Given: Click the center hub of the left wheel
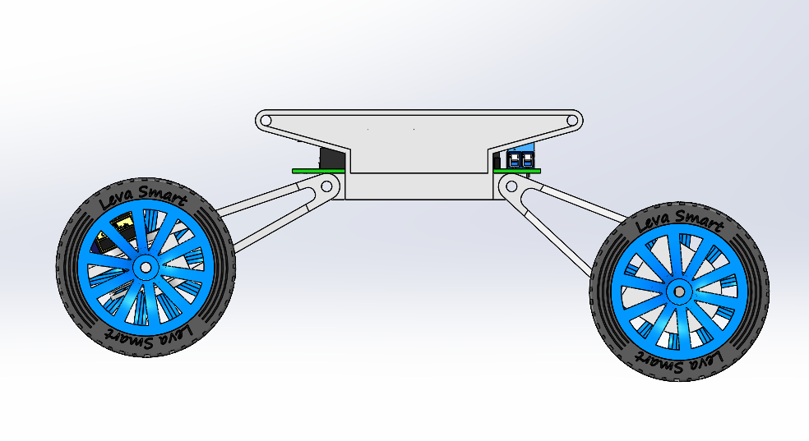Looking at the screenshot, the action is click(146, 268).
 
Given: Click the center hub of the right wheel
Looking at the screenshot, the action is click(679, 292).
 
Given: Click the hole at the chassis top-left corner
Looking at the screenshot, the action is click(266, 121).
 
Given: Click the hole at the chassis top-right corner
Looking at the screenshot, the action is click(572, 121).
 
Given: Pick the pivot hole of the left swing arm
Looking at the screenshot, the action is click(326, 186).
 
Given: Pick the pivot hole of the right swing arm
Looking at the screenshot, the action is click(511, 186).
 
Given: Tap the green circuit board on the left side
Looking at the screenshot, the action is click(318, 171).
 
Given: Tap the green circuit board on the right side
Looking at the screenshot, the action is click(516, 171).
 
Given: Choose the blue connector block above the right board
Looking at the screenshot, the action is click(520, 159).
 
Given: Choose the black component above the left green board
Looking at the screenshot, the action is click(332, 158).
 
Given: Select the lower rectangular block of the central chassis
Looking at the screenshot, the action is click(417, 186).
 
